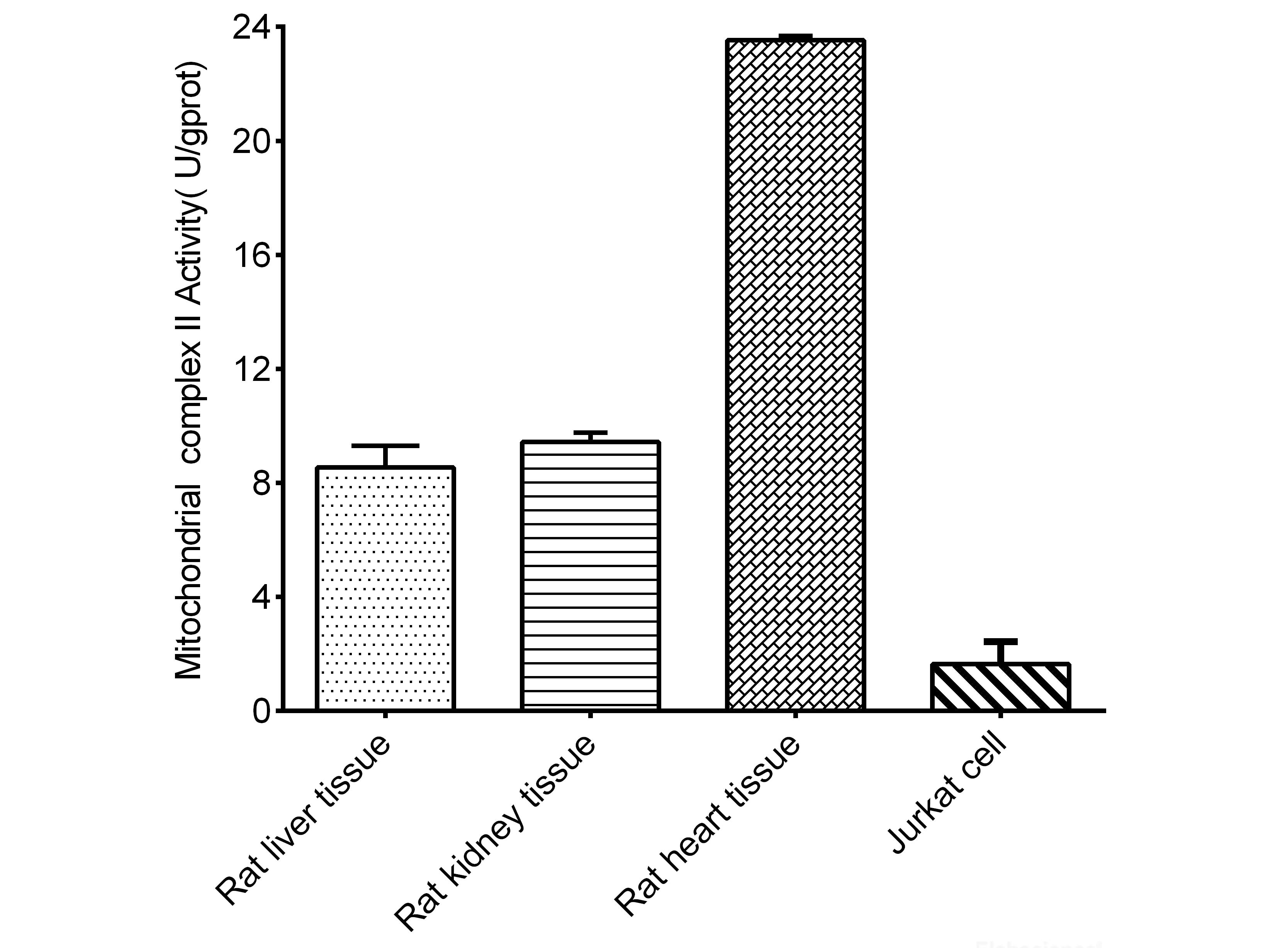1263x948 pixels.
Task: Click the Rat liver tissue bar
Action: [x=385, y=588]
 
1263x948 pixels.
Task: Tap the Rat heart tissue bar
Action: [x=795, y=375]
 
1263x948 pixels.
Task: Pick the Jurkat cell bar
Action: [x=1000, y=686]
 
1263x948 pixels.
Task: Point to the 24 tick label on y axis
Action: [x=251, y=27]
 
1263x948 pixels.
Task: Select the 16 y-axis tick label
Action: [x=251, y=255]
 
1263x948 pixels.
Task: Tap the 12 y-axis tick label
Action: [x=251, y=369]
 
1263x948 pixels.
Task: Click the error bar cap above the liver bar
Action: [x=385, y=445]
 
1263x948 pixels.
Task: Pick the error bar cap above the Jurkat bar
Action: [x=1000, y=641]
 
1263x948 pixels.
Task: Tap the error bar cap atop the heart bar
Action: [x=795, y=36]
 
